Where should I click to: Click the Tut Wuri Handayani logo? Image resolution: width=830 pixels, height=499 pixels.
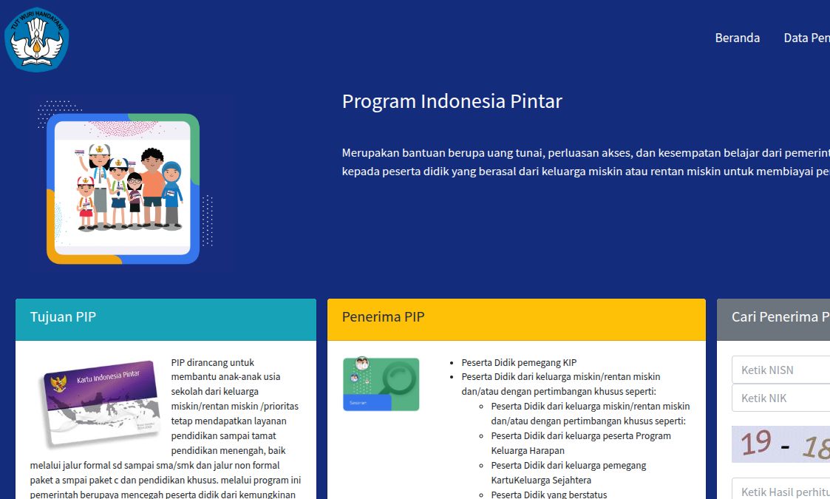pos(36,39)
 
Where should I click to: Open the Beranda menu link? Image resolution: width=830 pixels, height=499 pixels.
pos(737,38)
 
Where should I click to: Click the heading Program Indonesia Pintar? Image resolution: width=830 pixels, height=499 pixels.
pos(452,101)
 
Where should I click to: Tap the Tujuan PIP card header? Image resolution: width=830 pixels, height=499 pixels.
pos(166,318)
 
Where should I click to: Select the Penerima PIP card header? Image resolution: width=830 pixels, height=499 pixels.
pos(516,318)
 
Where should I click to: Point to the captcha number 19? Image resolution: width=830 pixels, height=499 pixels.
pos(755,443)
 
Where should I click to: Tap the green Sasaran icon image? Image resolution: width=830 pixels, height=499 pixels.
pos(381,384)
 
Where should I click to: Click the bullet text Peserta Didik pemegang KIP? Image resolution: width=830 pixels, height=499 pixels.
pos(519,362)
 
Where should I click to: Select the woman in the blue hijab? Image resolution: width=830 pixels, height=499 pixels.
pos(172,194)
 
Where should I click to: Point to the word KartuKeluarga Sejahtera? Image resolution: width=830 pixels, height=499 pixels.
pos(532,480)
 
